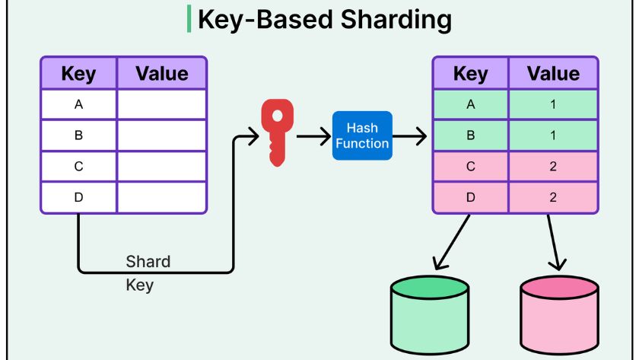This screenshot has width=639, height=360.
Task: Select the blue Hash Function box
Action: pyautogui.click(x=362, y=135)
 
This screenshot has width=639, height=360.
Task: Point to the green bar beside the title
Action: pyautogui.click(x=189, y=19)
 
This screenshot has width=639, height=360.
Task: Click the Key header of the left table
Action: pyautogui.click(x=78, y=74)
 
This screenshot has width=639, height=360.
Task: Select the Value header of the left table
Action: pyautogui.click(x=161, y=74)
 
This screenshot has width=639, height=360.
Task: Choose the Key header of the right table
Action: pyautogui.click(x=470, y=74)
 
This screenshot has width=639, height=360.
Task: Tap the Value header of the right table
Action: pyautogui.click(x=553, y=74)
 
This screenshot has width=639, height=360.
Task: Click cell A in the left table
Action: pyautogui.click(x=78, y=104)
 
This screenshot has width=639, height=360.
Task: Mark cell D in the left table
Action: pyautogui.click(x=78, y=197)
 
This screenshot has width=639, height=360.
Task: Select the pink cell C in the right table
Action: pyautogui.click(x=470, y=167)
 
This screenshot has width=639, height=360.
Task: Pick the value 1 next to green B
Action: pyautogui.click(x=553, y=135)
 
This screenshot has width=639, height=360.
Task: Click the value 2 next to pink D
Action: pyautogui.click(x=553, y=197)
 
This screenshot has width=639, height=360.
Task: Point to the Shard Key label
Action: pyautogui.click(x=148, y=273)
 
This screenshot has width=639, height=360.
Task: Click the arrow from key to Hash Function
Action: pyautogui.click(x=313, y=136)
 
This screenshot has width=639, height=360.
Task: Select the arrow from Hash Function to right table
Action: pyautogui.click(x=411, y=136)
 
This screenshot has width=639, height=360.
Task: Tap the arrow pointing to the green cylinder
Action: pyautogui.click(x=452, y=242)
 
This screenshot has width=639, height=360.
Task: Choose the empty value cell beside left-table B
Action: pyautogui.click(x=161, y=135)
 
